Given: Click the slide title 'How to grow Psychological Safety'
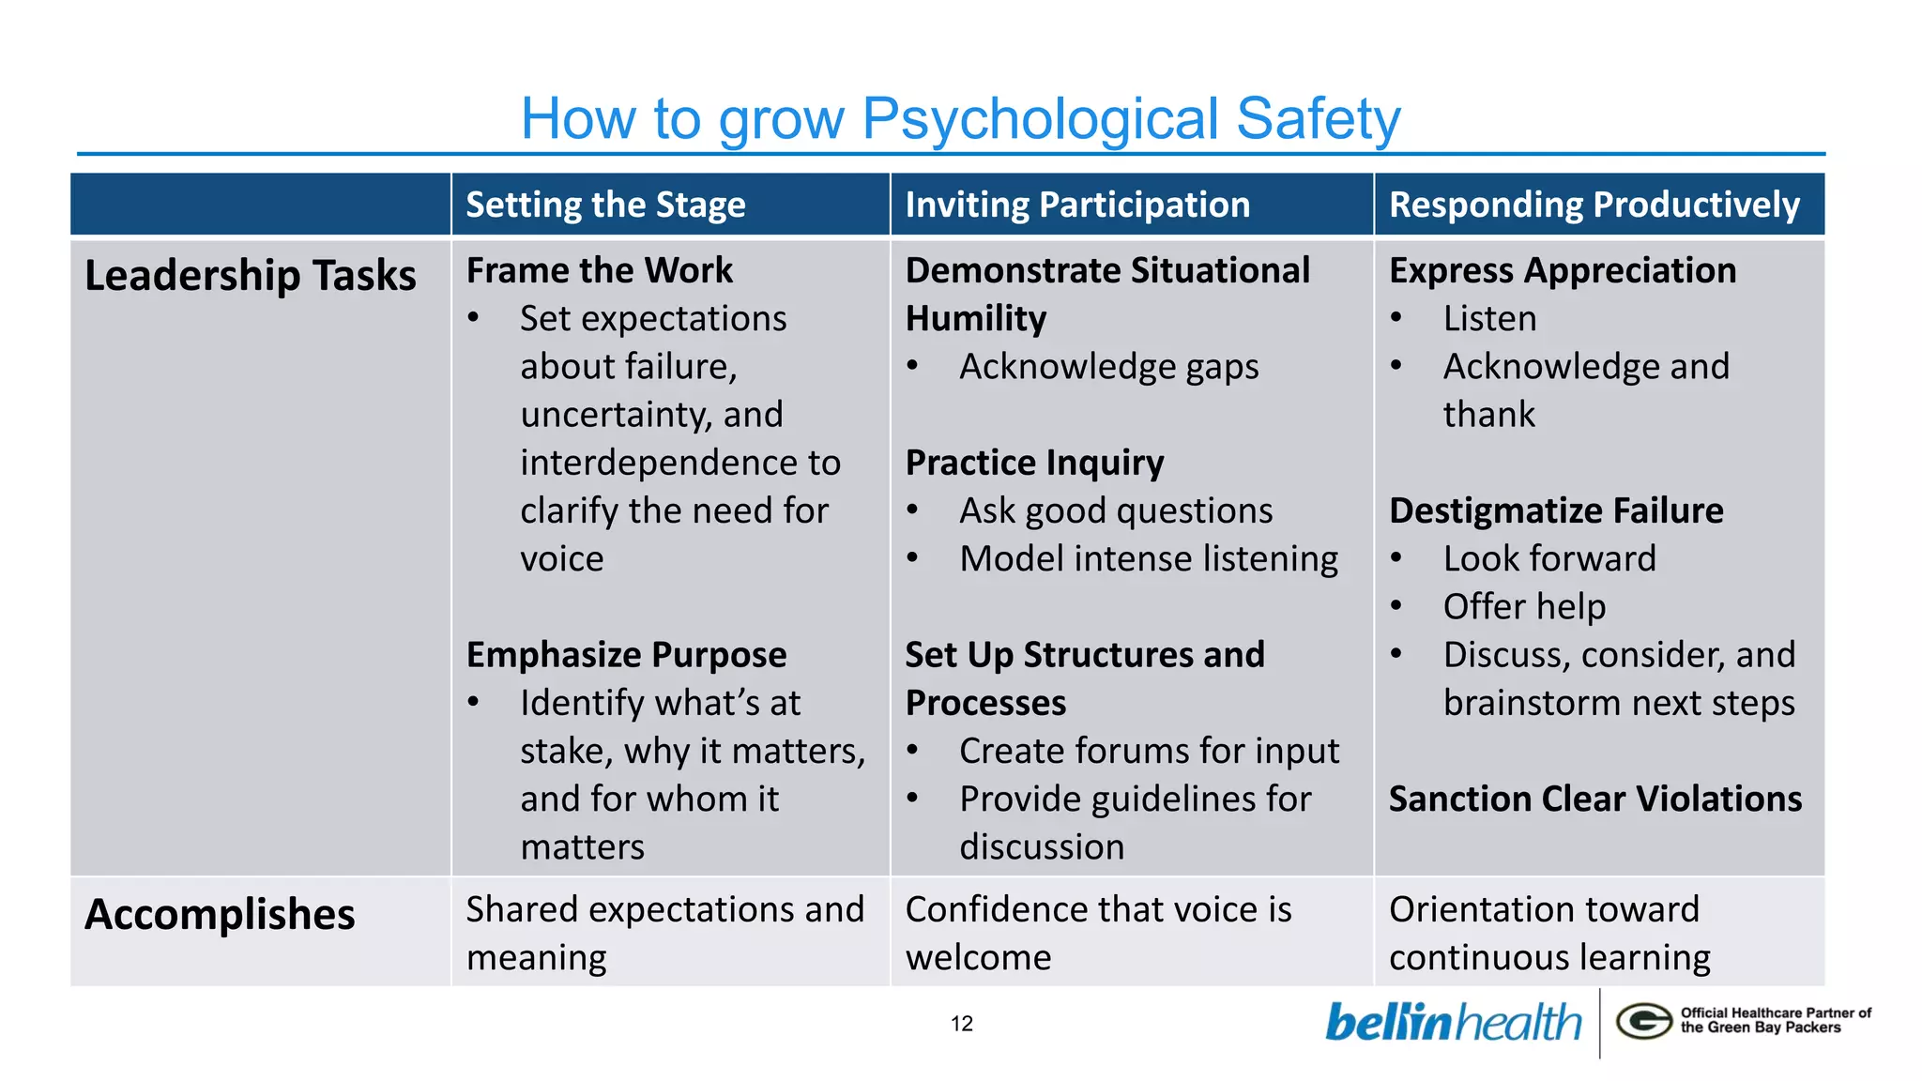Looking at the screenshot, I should (x=960, y=119).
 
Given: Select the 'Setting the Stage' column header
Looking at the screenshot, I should (x=605, y=205).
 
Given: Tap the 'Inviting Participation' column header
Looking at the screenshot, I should (x=1077, y=205).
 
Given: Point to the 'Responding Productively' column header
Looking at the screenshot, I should (x=1594, y=205).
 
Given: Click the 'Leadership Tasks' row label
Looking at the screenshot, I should (x=250, y=276).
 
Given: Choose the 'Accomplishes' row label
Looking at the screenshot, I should (x=220, y=914).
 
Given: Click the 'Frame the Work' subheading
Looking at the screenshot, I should (x=599, y=270).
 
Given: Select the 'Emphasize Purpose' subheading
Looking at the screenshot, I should (x=626, y=655).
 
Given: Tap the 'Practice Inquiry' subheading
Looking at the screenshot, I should (x=1034, y=463).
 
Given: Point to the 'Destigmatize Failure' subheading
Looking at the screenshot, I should (x=1556, y=510).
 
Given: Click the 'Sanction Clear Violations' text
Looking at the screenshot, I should (x=1594, y=799).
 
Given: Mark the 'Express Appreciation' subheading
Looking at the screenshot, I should (x=1563, y=270).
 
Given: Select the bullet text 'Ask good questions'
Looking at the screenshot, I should (x=1116, y=510).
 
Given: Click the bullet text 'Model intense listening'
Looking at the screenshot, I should (x=1149, y=558).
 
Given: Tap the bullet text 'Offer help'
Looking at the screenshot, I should (x=1524, y=606).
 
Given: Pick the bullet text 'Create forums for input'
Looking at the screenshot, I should (x=1149, y=751).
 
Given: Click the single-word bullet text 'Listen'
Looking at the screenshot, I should (x=1489, y=318).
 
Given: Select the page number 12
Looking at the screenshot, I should (x=962, y=1024).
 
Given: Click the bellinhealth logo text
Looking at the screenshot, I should (x=1453, y=1023).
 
